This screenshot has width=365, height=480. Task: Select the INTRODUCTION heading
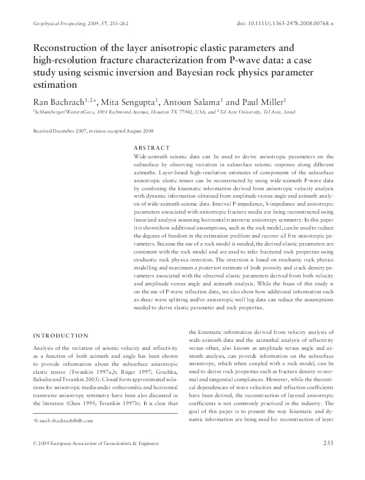(x=61, y=336)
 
